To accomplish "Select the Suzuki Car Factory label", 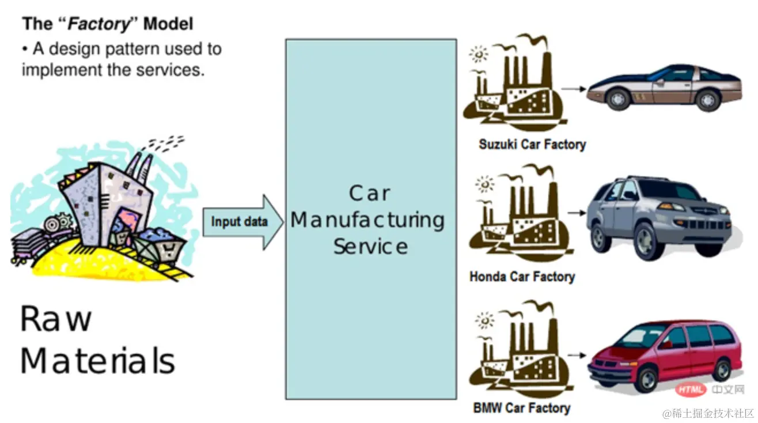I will coord(532,144).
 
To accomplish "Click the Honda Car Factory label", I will coord(522,277).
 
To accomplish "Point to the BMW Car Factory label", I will coord(522,408).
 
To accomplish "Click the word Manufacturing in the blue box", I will coord(367,221).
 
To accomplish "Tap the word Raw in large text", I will coord(56,319).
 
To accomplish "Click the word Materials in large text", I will coord(97,361).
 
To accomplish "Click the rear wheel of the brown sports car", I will coord(708,99).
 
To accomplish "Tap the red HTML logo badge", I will coord(691,390).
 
